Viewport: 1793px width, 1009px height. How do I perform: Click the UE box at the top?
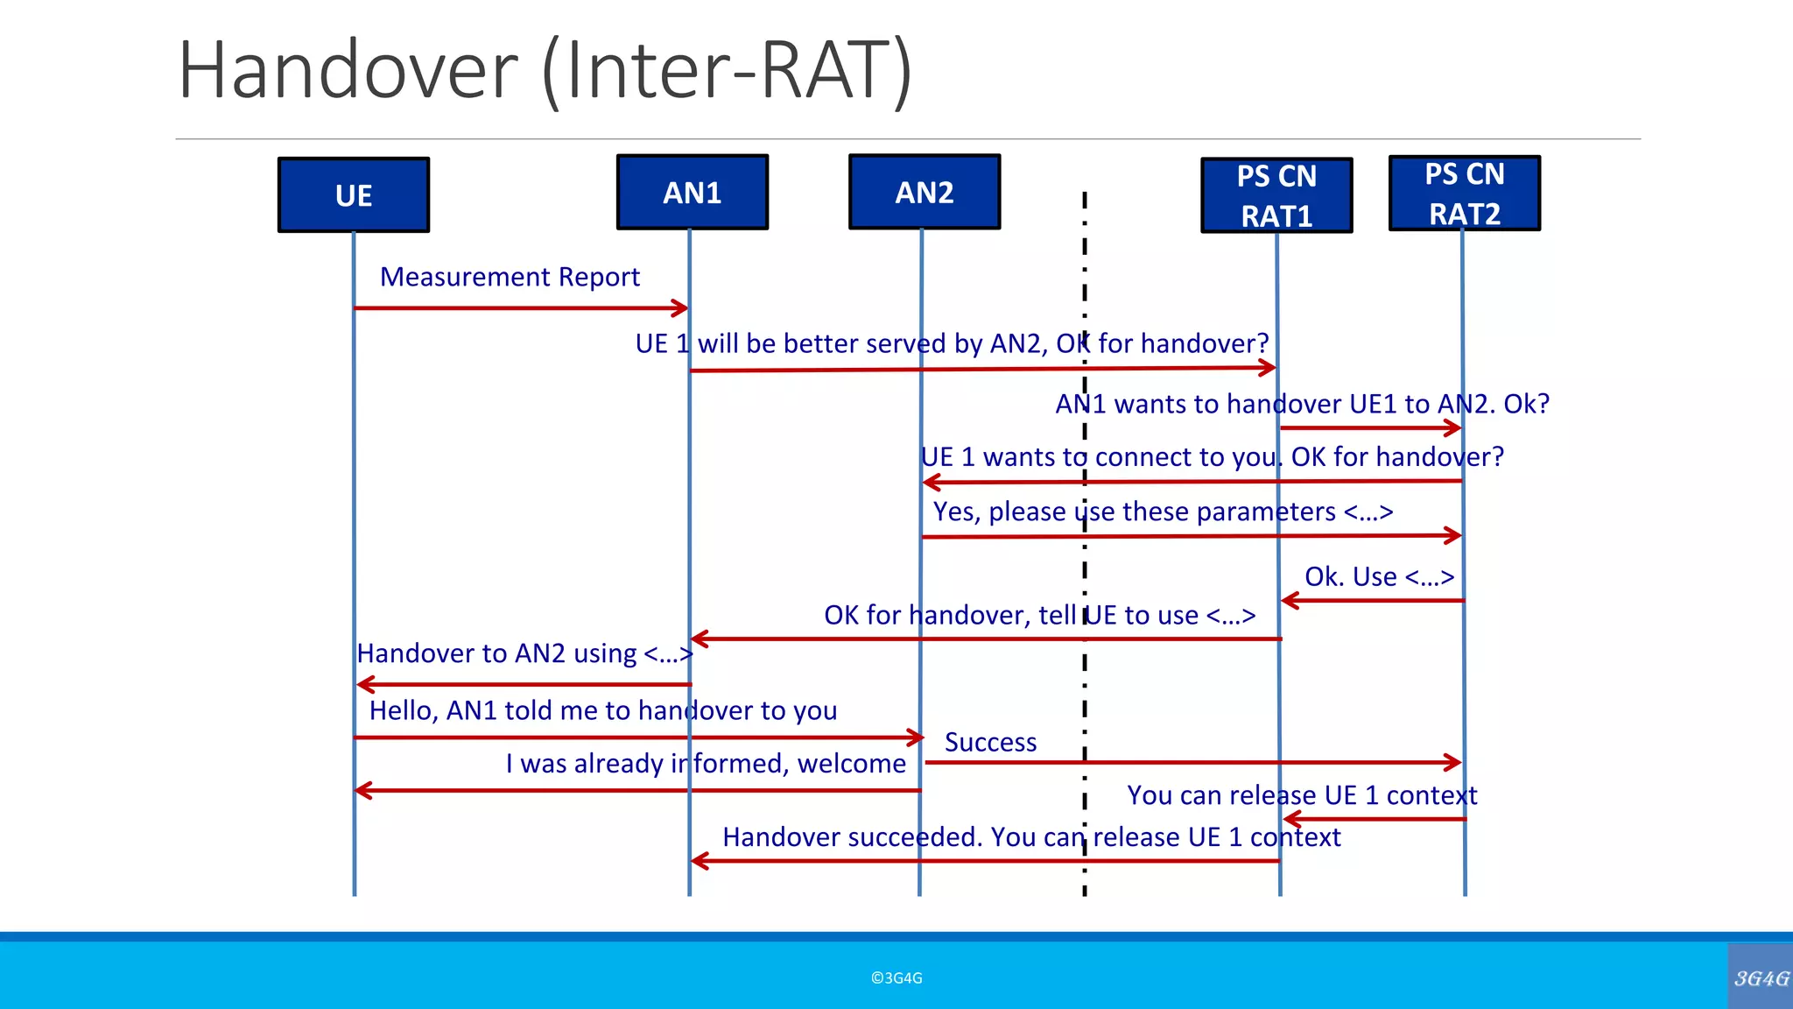click(354, 194)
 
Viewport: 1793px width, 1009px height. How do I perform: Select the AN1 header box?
click(692, 192)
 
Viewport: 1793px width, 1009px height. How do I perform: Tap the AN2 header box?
click(925, 192)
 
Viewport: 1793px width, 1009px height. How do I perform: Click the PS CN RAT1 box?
click(1276, 195)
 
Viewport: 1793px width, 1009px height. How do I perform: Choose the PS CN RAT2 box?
click(1464, 194)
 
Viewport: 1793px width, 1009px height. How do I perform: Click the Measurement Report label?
click(510, 277)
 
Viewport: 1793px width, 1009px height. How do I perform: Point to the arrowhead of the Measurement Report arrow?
click(682, 307)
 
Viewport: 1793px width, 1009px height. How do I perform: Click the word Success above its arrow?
click(990, 742)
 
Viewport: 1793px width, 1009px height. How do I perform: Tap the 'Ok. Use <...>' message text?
click(1379, 576)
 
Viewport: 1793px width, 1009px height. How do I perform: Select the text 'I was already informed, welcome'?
click(706, 763)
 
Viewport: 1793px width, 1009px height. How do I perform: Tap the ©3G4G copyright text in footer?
click(896, 978)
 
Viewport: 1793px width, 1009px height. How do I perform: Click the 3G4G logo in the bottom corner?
click(1761, 977)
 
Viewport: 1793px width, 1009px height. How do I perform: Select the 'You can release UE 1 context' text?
click(1302, 795)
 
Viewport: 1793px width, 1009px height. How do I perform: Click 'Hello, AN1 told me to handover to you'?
click(603, 710)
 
